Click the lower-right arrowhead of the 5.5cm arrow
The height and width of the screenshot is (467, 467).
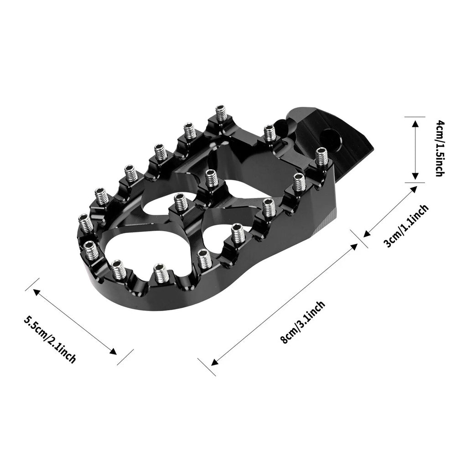[x=114, y=352]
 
